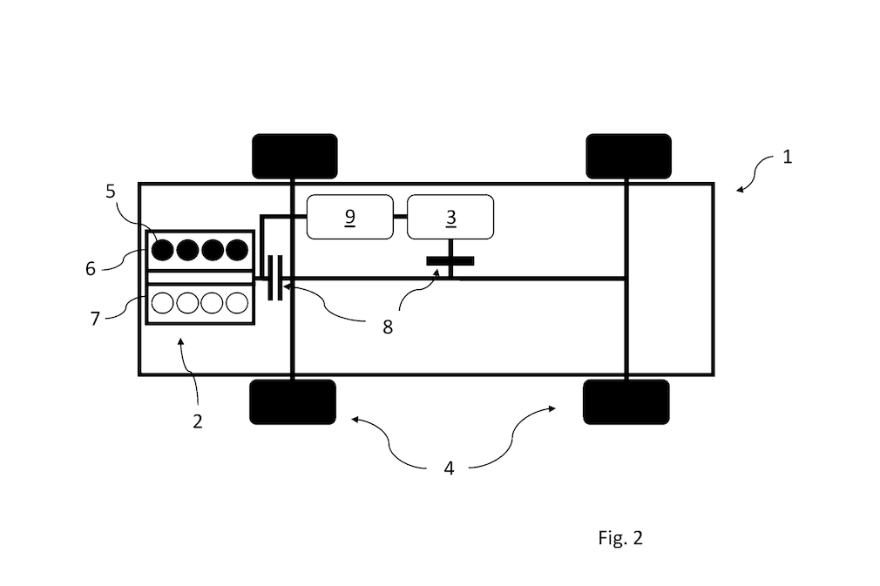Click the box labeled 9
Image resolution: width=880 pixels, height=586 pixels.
click(x=349, y=217)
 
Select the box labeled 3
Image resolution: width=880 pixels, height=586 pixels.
click(x=450, y=217)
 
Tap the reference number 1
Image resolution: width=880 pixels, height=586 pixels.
click(x=787, y=157)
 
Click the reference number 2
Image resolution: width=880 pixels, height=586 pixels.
click(x=197, y=421)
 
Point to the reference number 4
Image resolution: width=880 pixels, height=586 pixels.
click(x=449, y=468)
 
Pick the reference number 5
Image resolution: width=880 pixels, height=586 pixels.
click(x=110, y=192)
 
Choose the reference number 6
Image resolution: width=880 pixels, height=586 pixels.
click(x=91, y=269)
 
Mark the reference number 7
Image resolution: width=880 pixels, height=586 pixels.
click(x=95, y=319)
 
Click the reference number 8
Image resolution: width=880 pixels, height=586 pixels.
click(x=387, y=327)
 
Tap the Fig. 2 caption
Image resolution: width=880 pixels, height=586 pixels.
click(x=620, y=538)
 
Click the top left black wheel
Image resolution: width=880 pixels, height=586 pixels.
click(x=294, y=157)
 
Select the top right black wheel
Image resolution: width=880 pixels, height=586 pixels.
click(x=628, y=157)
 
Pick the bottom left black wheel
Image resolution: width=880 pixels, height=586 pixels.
click(x=293, y=402)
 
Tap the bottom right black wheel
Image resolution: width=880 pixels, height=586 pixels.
click(x=626, y=402)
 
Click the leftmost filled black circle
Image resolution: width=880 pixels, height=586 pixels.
click(x=163, y=250)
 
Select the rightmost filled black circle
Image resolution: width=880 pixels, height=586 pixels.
click(x=237, y=250)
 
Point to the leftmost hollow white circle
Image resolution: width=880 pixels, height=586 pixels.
click(x=163, y=303)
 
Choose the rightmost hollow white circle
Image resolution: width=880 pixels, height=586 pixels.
click(x=237, y=303)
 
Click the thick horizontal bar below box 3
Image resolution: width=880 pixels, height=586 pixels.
click(x=450, y=260)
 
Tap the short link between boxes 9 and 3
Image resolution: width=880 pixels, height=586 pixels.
click(x=400, y=217)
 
